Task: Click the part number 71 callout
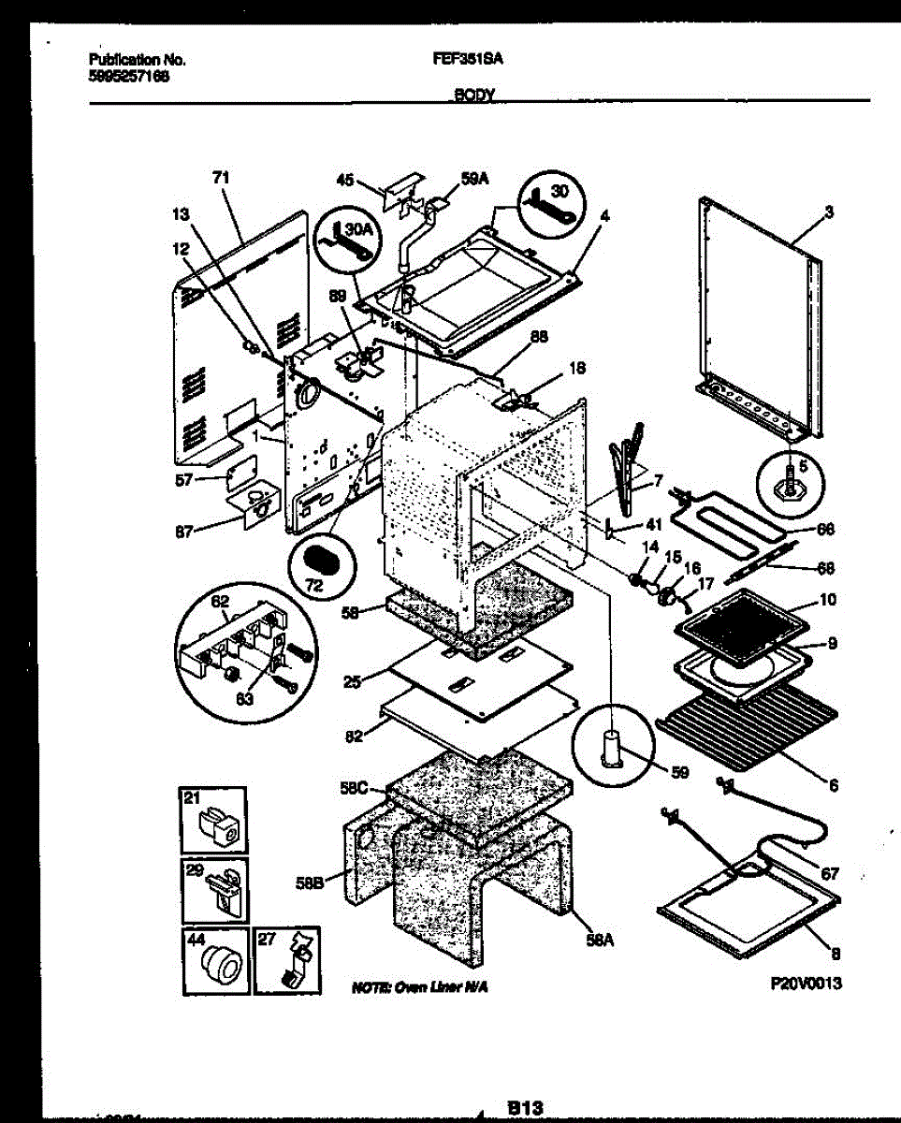(x=221, y=177)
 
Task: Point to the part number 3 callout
(x=828, y=212)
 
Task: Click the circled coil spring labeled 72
(x=323, y=563)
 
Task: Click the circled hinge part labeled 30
(x=548, y=197)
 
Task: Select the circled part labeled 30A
(x=345, y=244)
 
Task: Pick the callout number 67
(x=829, y=874)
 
